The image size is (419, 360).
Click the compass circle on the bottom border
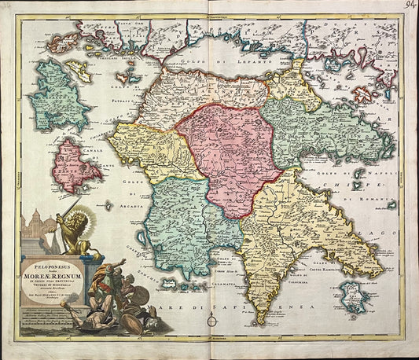pos(211,321)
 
